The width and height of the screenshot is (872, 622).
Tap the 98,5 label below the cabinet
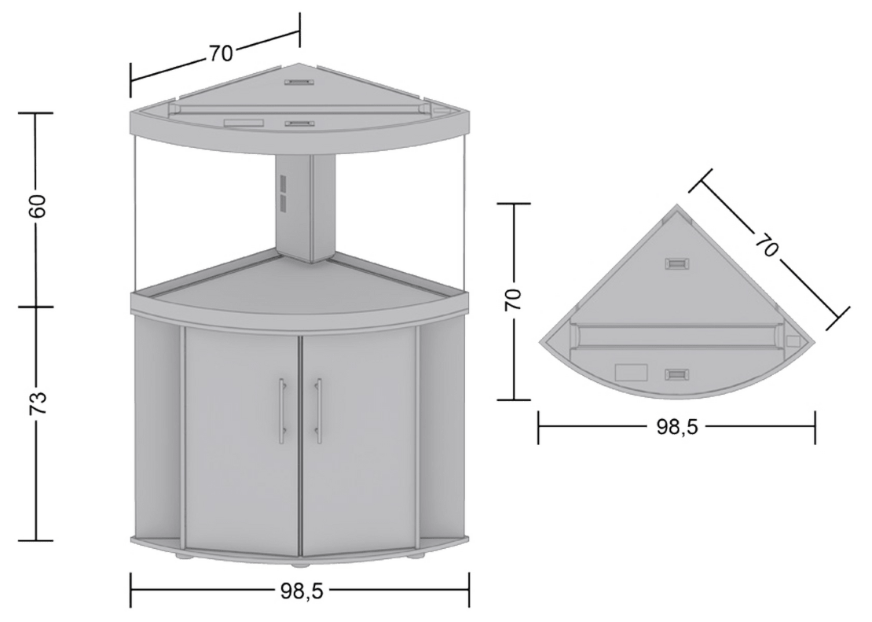point(300,591)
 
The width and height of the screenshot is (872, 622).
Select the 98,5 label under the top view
point(676,428)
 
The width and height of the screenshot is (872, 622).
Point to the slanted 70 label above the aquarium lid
point(220,53)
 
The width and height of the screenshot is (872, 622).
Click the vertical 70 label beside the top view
point(513,300)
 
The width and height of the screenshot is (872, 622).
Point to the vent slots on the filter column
point(283,193)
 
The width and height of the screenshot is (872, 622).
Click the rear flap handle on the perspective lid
point(299,83)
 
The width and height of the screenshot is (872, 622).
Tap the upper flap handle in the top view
point(678,263)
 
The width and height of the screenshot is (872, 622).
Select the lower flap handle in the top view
point(678,375)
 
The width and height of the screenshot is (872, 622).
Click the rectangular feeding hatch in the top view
point(631,373)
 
